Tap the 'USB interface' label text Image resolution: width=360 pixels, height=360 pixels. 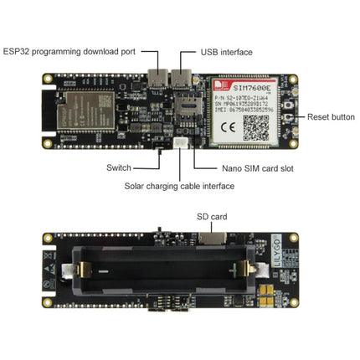click(x=227, y=52)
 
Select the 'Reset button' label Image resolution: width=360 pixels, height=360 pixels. click(x=332, y=116)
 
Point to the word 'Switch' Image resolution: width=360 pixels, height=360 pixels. click(x=119, y=167)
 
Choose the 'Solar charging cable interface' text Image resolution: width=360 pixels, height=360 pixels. click(x=179, y=185)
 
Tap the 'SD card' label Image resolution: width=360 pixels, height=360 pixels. click(x=212, y=217)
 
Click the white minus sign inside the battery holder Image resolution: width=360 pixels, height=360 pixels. click(x=101, y=271)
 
